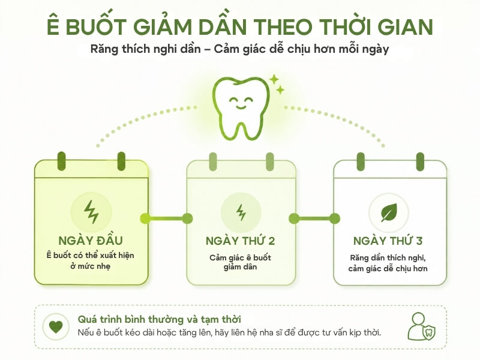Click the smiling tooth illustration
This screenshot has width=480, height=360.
point(241,108)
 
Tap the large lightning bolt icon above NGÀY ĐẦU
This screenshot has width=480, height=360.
point(91,212)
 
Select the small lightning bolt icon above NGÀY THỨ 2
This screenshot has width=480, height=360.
point(241,212)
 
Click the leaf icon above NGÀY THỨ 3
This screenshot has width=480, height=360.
point(389,212)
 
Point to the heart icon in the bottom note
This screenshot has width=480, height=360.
point(56,326)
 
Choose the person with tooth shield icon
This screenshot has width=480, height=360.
point(422,326)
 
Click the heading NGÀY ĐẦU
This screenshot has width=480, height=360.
point(91,241)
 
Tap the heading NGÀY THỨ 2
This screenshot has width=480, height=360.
point(241,241)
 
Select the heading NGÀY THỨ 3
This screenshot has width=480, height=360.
point(388,241)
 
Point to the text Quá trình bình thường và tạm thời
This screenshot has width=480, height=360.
point(159,319)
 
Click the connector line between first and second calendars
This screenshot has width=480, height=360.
point(166,218)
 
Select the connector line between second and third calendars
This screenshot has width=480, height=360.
point(314,218)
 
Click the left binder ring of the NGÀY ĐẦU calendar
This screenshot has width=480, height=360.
point(62,161)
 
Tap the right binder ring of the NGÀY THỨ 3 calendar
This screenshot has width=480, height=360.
point(420,162)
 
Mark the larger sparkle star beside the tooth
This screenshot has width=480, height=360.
point(274,80)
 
